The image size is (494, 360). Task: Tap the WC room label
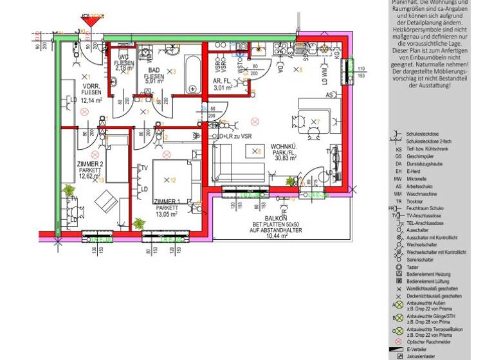pyautogui.click(x=124, y=59)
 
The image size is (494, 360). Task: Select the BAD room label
pyautogui.click(x=154, y=70)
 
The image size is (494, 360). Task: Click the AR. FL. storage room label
pyautogui.click(x=222, y=81)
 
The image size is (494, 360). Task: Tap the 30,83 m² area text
pyautogui.click(x=284, y=157)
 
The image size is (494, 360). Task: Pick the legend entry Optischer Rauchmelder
pyautogui.click(x=429, y=341)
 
